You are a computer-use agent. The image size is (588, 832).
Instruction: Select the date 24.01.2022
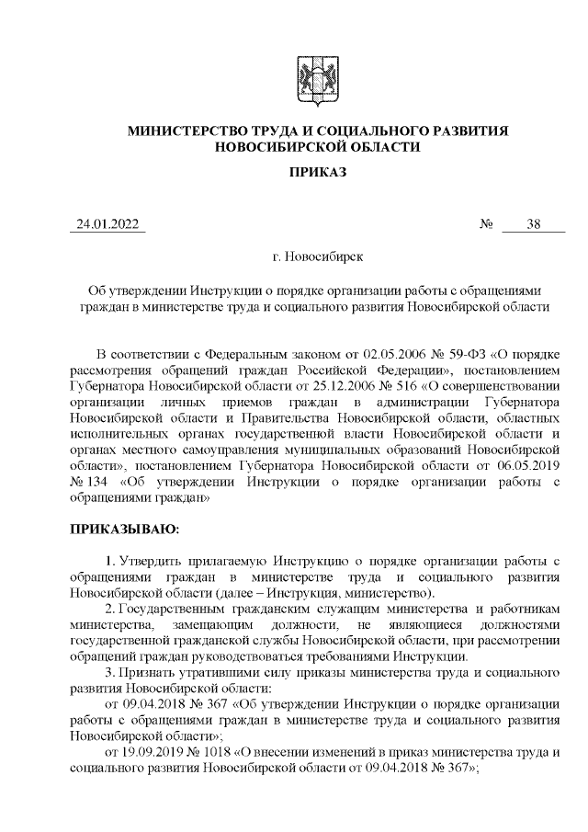click(107, 225)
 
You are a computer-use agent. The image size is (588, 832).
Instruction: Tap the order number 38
click(533, 225)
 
